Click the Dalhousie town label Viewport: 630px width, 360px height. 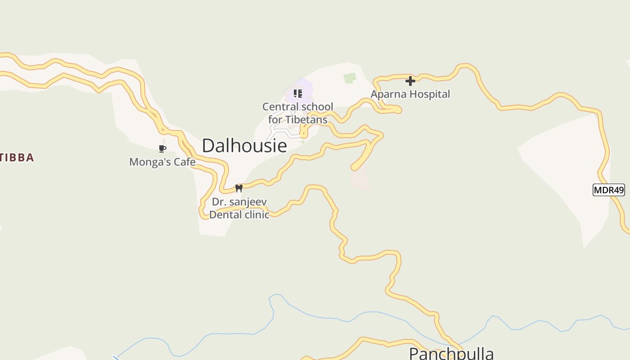244,145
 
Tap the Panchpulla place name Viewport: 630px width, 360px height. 451,354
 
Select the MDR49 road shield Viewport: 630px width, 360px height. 608,190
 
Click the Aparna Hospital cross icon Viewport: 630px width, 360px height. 410,81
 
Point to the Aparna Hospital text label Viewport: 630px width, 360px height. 410,94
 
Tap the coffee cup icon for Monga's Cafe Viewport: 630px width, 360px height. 162,148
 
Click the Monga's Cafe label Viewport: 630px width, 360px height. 162,162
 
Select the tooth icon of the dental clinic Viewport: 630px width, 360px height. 239,188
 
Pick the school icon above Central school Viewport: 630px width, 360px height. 297,94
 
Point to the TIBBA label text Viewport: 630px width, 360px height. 17,157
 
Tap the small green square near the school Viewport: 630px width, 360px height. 350,78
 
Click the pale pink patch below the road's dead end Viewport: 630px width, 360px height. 360,179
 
